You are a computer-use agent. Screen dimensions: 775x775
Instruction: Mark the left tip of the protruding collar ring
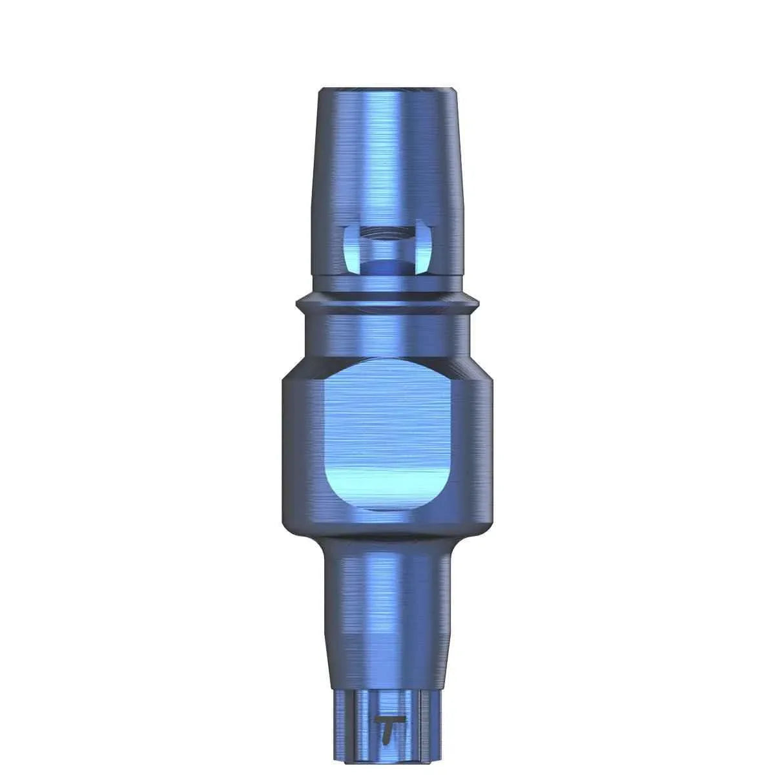[298, 302]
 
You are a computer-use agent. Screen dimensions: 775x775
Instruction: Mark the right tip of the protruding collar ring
[479, 302]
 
